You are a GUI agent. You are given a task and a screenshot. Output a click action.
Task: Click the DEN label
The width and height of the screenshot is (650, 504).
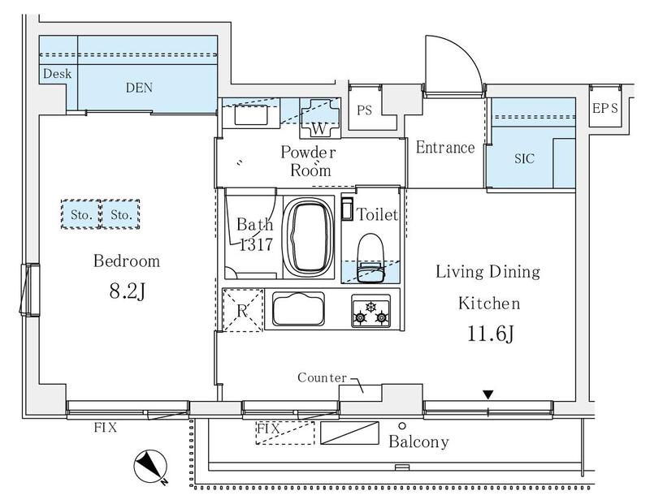point(139,88)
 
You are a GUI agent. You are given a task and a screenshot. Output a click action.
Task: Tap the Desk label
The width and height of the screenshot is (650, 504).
point(57,74)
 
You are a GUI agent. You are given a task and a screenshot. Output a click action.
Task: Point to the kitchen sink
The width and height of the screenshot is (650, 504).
point(298,309)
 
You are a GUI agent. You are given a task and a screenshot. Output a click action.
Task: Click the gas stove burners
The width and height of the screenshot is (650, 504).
point(370,312)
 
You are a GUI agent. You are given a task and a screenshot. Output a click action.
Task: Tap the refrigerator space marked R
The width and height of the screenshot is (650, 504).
point(243,310)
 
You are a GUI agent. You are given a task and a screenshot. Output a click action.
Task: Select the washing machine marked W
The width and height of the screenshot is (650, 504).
point(319,118)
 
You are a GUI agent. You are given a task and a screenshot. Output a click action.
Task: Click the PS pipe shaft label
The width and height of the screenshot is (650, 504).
point(364,110)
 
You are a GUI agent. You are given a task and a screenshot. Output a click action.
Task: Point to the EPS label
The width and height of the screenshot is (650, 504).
point(605,109)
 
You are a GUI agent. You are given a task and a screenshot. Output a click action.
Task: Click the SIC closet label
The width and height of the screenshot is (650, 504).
point(524,158)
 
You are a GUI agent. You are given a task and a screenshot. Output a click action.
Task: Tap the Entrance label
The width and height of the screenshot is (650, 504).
point(445,148)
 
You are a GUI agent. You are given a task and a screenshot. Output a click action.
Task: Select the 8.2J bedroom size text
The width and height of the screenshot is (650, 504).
point(128,291)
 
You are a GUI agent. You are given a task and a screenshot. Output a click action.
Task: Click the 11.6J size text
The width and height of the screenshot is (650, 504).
point(491,333)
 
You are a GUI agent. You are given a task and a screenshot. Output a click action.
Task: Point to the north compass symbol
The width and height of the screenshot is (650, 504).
point(150,467)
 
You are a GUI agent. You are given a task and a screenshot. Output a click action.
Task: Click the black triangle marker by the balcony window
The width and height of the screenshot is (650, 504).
point(488,394)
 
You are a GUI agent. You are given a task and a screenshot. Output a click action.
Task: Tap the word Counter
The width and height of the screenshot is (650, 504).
point(322,377)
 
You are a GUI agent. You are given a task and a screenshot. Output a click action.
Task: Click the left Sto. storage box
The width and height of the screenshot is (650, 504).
point(80,214)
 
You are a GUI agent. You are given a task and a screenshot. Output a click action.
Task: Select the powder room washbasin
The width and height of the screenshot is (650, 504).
point(251,114)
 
